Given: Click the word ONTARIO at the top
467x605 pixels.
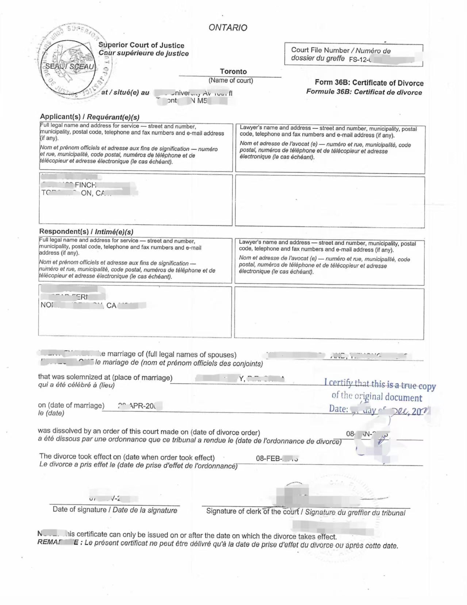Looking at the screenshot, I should click(x=228, y=28).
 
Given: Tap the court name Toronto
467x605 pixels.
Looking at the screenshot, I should click(x=233, y=72).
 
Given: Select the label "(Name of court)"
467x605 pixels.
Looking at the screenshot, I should click(x=231, y=80).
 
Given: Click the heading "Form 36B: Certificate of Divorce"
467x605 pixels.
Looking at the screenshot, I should click(x=369, y=83).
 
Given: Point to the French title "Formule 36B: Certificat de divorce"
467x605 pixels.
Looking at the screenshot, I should click(x=364, y=92).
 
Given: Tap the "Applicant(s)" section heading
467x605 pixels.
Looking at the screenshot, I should click(x=60, y=117).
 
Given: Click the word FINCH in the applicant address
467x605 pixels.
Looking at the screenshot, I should click(x=85, y=185).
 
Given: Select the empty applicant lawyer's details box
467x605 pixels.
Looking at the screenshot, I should click(x=330, y=202).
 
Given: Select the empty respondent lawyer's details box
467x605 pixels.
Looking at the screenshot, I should click(x=329, y=313).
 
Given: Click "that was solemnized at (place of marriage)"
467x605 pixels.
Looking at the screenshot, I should click(x=105, y=377).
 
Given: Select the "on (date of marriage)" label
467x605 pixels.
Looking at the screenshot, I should click(x=71, y=406).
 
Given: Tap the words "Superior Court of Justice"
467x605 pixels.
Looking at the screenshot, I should click(x=142, y=45).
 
